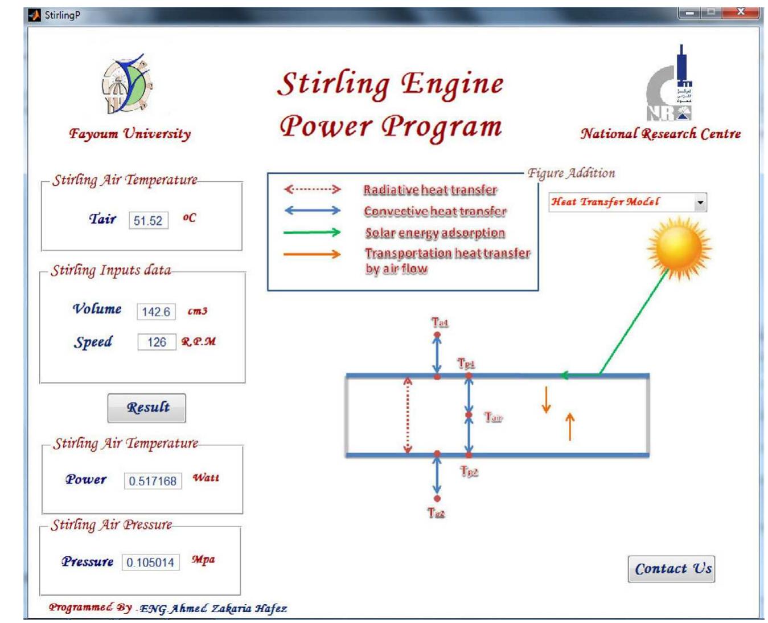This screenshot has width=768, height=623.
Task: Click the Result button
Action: [147, 408]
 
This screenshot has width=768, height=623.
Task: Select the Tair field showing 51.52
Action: [148, 221]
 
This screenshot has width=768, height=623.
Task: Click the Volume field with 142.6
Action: [156, 312]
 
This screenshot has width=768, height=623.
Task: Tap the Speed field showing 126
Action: [157, 342]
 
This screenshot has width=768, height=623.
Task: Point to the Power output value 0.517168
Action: [153, 481]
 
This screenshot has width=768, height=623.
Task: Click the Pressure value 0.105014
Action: [150, 563]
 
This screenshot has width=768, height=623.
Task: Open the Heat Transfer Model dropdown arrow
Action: [700, 202]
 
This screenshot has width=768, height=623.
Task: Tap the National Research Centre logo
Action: [670, 85]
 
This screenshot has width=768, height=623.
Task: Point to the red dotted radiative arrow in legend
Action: [313, 189]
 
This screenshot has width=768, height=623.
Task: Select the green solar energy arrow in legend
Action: [313, 232]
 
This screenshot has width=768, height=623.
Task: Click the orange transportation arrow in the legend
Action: [313, 254]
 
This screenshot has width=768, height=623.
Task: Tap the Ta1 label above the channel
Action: [440, 323]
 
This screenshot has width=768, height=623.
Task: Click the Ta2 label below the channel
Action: [436, 513]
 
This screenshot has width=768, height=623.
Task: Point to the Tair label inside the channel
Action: [494, 418]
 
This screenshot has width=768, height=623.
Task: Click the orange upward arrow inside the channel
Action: [569, 426]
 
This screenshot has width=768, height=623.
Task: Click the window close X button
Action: [740, 12]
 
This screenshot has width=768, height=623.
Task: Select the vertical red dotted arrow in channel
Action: [408, 415]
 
